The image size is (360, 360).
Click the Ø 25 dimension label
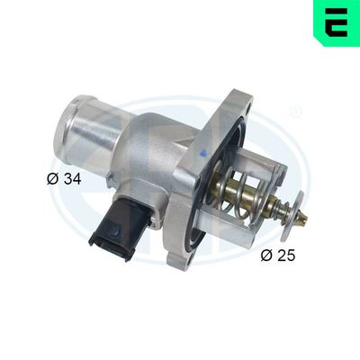pyautogui.click(x=277, y=255)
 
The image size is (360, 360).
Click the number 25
pyautogui.click(x=286, y=255)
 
